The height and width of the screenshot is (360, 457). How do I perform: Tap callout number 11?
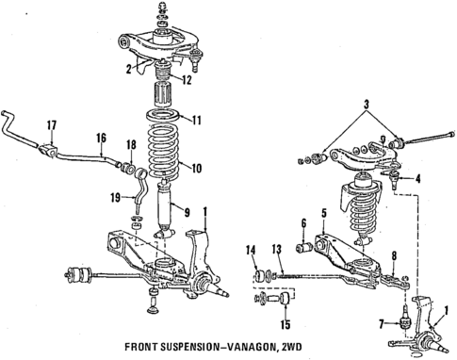197,121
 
